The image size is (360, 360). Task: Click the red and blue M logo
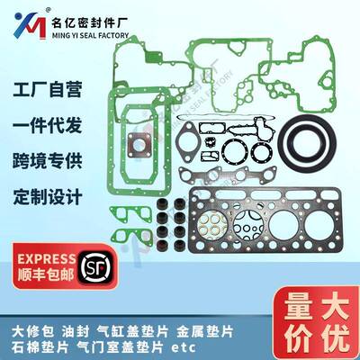30,25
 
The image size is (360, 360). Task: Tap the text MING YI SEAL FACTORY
90,35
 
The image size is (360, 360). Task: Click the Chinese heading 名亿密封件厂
90,22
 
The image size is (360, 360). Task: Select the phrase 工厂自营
48,89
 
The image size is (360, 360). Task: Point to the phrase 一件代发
48,125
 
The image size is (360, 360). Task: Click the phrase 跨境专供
48,161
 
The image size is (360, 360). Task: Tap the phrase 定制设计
48,197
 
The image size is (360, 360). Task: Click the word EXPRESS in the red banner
47,259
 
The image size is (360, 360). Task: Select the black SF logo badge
95,267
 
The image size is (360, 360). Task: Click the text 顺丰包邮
46,275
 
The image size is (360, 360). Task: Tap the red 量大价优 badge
318,323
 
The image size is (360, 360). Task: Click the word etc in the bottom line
184,347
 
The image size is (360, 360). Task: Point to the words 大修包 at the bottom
33,332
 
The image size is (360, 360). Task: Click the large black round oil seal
307,141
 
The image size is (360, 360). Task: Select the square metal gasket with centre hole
139,145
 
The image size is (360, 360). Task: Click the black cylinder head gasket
265,220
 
